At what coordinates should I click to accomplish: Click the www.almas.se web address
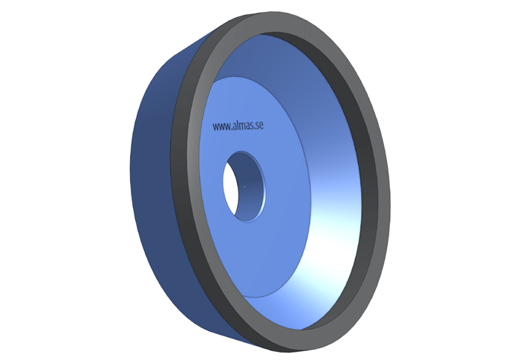pyautogui.click(x=238, y=125)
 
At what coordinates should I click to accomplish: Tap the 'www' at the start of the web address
pyautogui.click(x=221, y=127)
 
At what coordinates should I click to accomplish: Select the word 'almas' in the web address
pyautogui.click(x=242, y=125)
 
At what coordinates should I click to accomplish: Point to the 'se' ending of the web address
pyautogui.click(x=260, y=125)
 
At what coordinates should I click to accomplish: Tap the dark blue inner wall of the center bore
pyautogui.click(x=250, y=186)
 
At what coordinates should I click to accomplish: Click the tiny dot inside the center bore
pyautogui.click(x=244, y=186)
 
